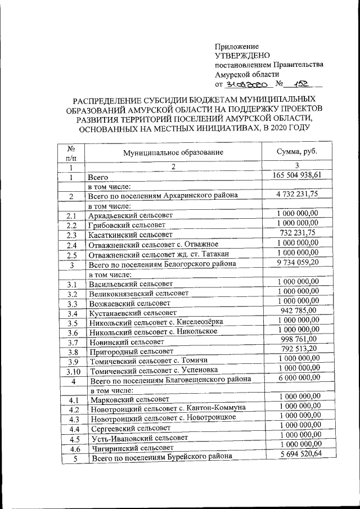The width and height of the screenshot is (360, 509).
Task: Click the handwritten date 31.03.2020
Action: [x=245, y=84]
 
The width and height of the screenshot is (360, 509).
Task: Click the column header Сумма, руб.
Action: [x=298, y=151]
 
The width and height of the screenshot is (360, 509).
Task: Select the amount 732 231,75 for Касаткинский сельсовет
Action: [x=298, y=233]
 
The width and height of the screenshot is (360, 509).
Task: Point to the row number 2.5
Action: [x=71, y=255]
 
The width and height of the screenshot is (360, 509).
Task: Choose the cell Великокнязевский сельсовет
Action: [x=138, y=294]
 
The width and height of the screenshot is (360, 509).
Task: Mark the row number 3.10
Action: [x=71, y=371]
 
